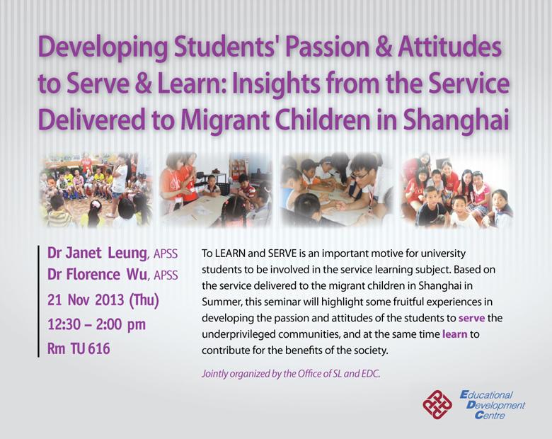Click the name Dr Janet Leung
[97, 253]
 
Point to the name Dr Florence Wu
[97, 275]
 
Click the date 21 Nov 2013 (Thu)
[103, 300]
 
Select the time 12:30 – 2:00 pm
[96, 324]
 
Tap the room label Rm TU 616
[79, 348]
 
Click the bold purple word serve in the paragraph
[472, 318]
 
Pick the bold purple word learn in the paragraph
[455, 334]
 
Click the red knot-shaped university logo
[437, 405]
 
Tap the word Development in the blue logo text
[495, 405]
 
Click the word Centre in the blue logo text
[490, 416]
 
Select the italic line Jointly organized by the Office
[291, 374]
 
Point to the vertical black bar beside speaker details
[38, 302]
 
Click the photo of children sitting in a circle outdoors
[96, 190]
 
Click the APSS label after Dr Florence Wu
[166, 275]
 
